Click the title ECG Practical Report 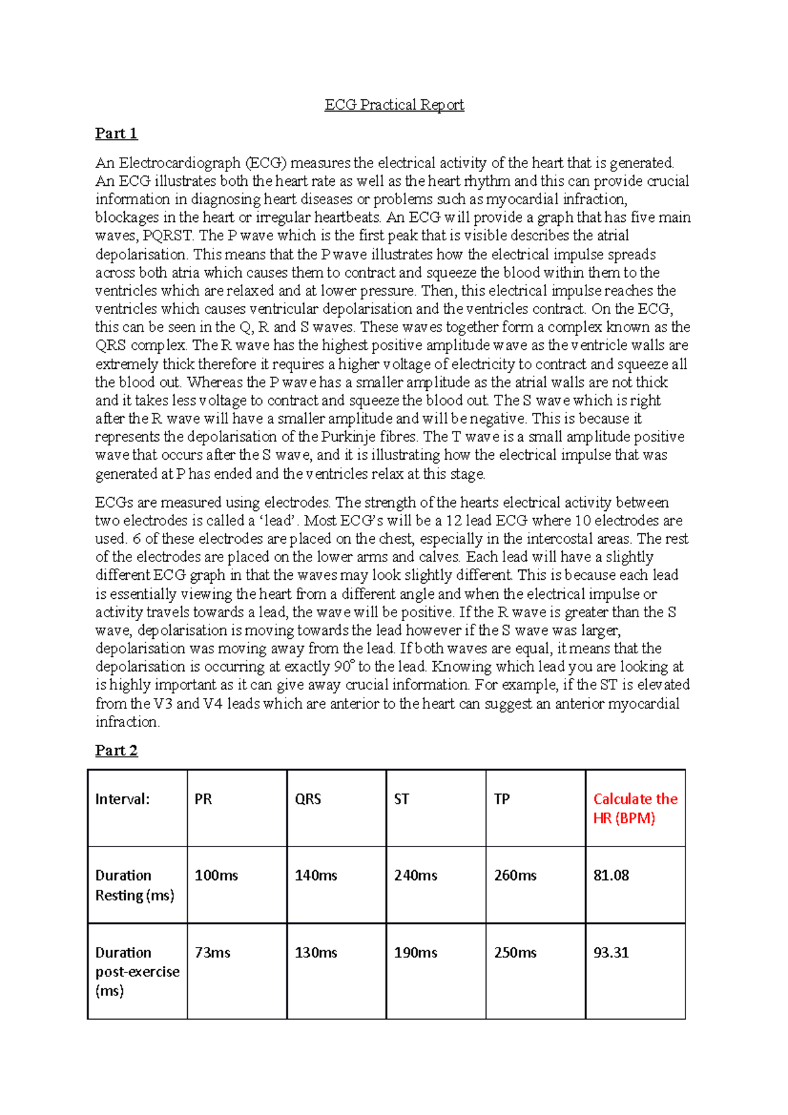tap(394, 105)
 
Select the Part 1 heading tap(116, 134)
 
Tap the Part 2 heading tap(116, 751)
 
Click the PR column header tap(203, 799)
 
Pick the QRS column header tap(307, 799)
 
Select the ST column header tap(401, 799)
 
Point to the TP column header tap(502, 799)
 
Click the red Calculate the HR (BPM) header tap(634, 808)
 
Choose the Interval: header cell tap(122, 799)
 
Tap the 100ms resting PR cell tap(216, 875)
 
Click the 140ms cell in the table tap(316, 875)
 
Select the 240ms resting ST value tap(416, 875)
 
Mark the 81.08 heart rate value tap(611, 875)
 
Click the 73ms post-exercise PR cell tap(212, 952)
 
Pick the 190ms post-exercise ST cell tap(416, 952)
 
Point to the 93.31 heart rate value tap(611, 952)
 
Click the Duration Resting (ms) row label tap(134, 885)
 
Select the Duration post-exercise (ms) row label tap(137, 971)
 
